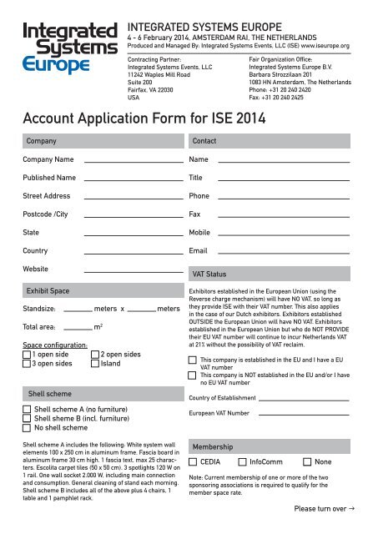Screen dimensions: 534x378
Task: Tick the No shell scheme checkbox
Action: pyautogui.click(x=28, y=429)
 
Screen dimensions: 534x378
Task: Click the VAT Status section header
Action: pyautogui.click(x=209, y=274)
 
